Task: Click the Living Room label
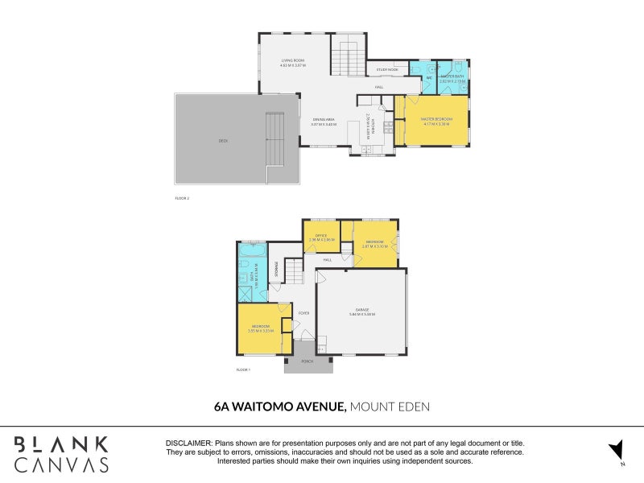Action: (291, 60)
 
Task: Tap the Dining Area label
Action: (324, 121)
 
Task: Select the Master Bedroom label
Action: (436, 121)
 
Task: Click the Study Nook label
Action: (387, 70)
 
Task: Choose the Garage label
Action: (362, 312)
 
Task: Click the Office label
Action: (320, 236)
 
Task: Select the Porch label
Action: (307, 362)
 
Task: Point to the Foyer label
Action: (304, 313)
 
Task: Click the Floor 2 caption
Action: (182, 198)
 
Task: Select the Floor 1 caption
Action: (243, 369)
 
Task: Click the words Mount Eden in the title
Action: (390, 407)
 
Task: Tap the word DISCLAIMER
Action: (188, 444)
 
